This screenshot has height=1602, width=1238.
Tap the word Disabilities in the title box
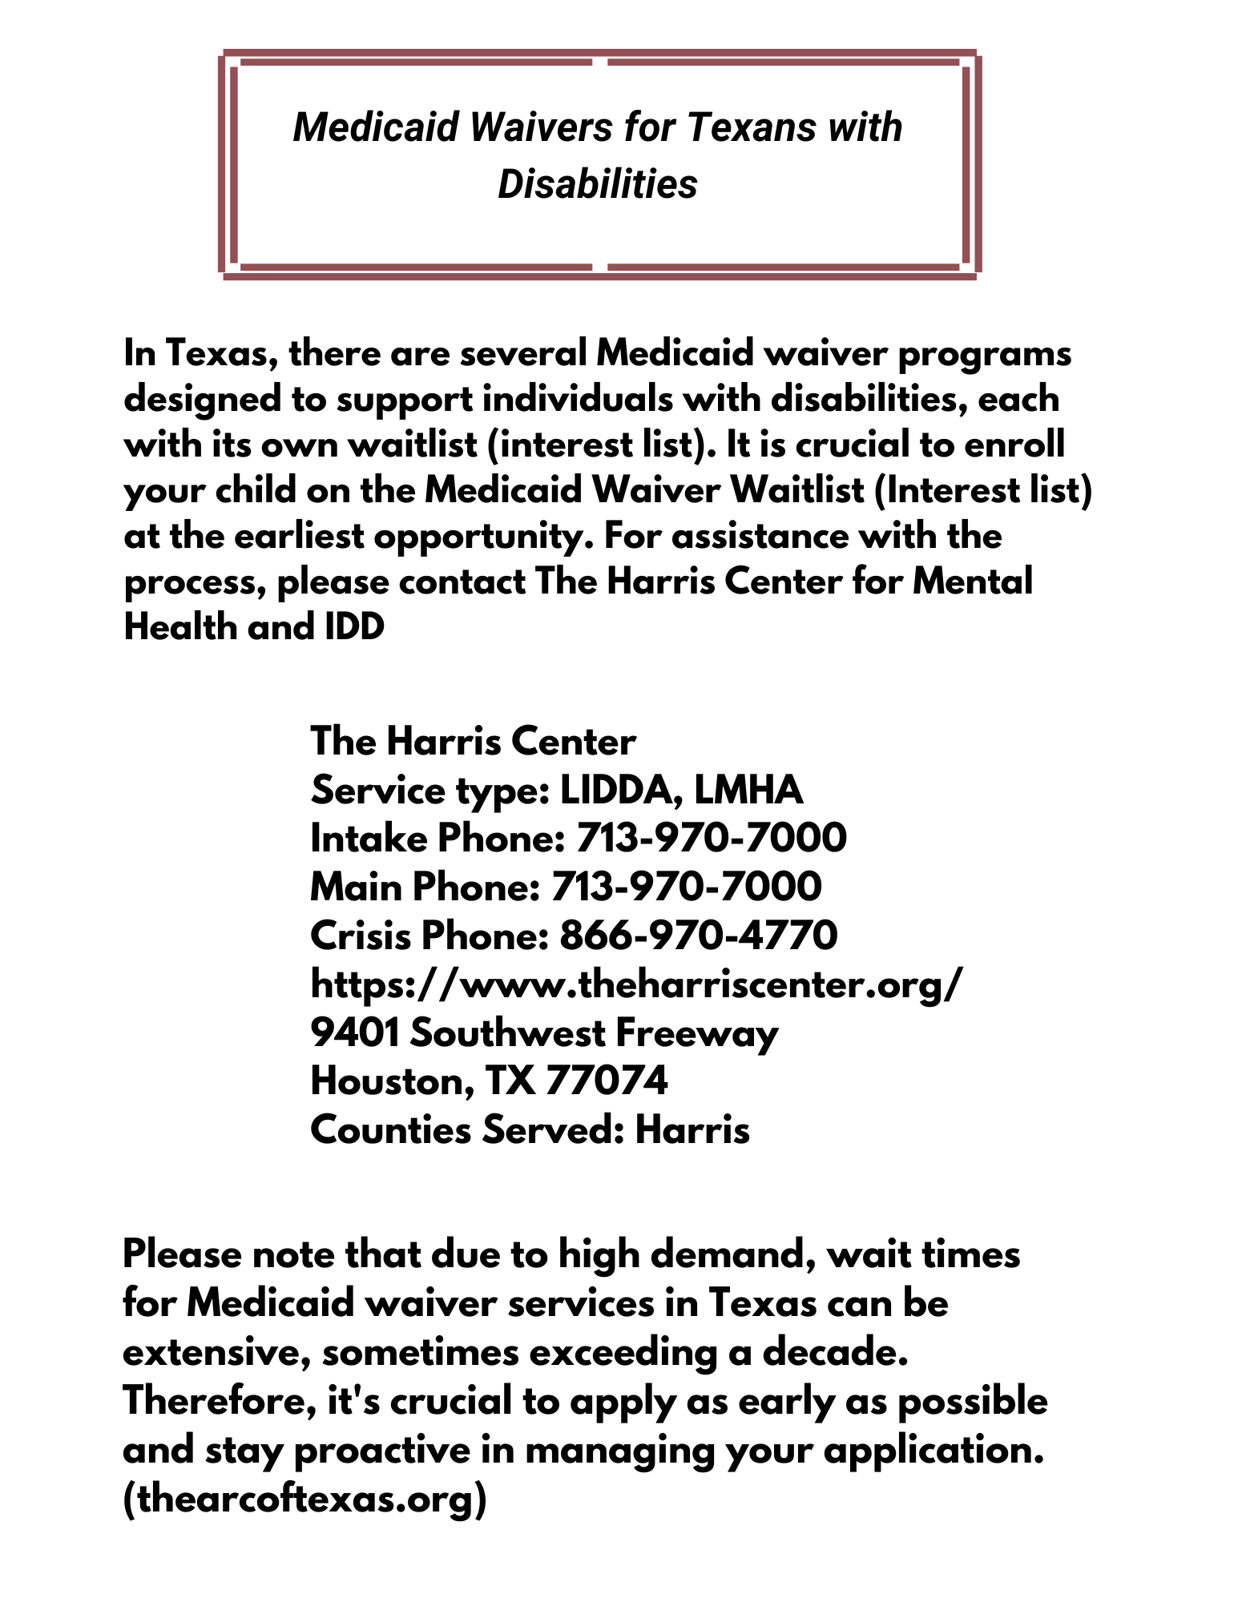click(598, 184)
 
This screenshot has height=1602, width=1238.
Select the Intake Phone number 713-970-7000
click(711, 838)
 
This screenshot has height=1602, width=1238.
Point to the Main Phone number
click(686, 886)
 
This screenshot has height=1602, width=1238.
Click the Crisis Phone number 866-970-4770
click(699, 935)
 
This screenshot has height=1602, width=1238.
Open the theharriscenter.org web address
click(634, 984)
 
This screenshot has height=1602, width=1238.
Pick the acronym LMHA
click(748, 790)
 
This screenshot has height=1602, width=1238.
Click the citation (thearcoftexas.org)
click(304, 1500)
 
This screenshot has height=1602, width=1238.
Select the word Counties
click(390, 1130)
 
